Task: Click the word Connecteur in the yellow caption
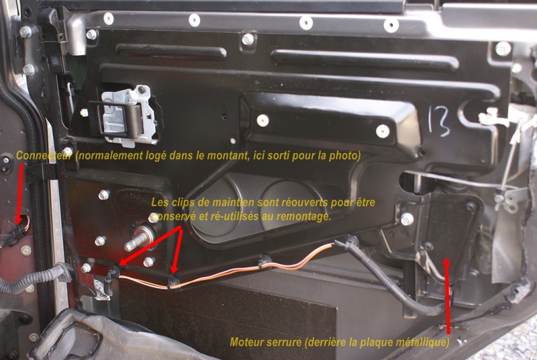44,156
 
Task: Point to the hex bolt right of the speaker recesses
407,219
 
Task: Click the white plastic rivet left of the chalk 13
383,131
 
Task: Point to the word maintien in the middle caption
229,202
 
